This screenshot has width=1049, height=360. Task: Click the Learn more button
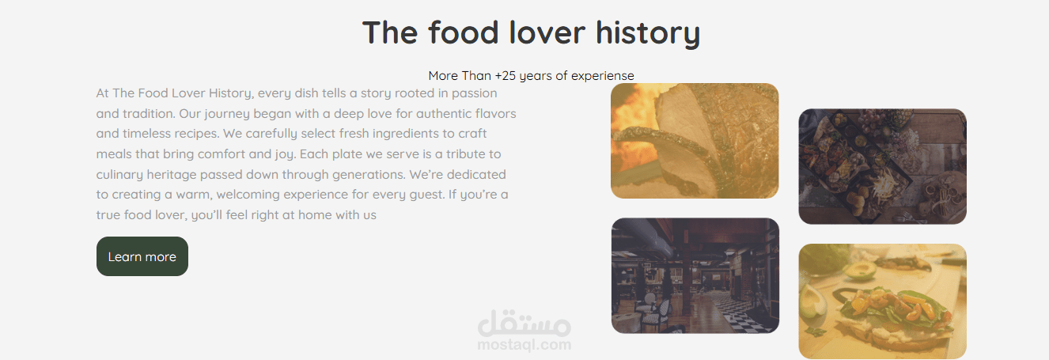(142, 256)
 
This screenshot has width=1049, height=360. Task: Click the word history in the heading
(648, 33)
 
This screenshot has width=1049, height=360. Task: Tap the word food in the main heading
(463, 32)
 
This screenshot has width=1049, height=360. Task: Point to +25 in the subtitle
(506, 75)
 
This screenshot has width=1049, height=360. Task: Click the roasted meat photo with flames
(695, 141)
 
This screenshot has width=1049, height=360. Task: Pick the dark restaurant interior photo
(695, 275)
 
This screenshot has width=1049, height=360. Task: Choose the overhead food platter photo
(883, 167)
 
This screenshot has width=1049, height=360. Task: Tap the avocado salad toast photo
(883, 301)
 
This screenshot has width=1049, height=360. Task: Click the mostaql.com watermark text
(524, 345)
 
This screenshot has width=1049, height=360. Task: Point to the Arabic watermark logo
(524, 323)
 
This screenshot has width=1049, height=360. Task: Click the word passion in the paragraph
(475, 93)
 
